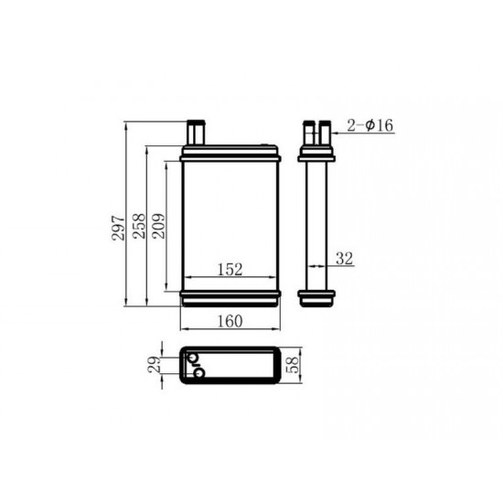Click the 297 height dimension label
118,228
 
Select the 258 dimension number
139,226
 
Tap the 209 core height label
159,226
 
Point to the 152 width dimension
230,270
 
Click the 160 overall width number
230,321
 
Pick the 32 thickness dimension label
344,259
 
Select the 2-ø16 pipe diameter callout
369,125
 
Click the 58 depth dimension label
293,365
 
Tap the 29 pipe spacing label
155,364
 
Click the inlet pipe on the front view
196,133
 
